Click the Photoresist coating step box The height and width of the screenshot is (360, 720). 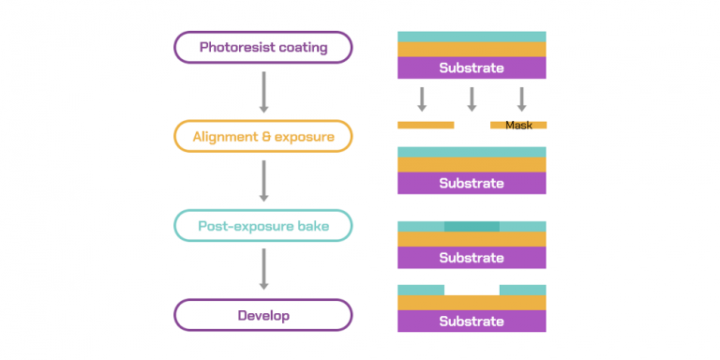tap(262, 47)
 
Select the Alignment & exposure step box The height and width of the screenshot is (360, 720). tap(262, 136)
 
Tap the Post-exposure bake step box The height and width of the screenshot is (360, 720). tap(262, 225)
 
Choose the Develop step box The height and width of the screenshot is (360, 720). tap(262, 315)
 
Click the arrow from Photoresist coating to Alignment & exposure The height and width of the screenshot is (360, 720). tap(263, 91)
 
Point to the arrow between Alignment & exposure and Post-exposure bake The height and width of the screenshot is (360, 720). tap(263, 180)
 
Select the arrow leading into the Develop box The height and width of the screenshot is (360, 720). tap(263, 269)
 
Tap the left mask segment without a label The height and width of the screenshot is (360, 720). tap(426, 125)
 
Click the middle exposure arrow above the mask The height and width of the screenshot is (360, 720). tap(472, 98)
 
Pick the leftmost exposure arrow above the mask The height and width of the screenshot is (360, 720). tap(422, 98)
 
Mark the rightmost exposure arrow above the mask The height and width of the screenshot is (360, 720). tap(522, 98)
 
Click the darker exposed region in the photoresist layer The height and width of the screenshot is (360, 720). tap(472, 226)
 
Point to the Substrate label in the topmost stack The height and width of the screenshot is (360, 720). tap(472, 67)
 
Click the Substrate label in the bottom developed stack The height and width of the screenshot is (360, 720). tap(472, 321)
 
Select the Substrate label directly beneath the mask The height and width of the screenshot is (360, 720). tap(472, 183)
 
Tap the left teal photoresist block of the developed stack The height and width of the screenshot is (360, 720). tap(421, 290)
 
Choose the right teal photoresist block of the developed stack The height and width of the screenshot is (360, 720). tap(522, 290)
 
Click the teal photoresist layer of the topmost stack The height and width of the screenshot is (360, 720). tap(472, 37)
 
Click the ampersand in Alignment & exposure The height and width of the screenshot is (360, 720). tap(266, 137)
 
